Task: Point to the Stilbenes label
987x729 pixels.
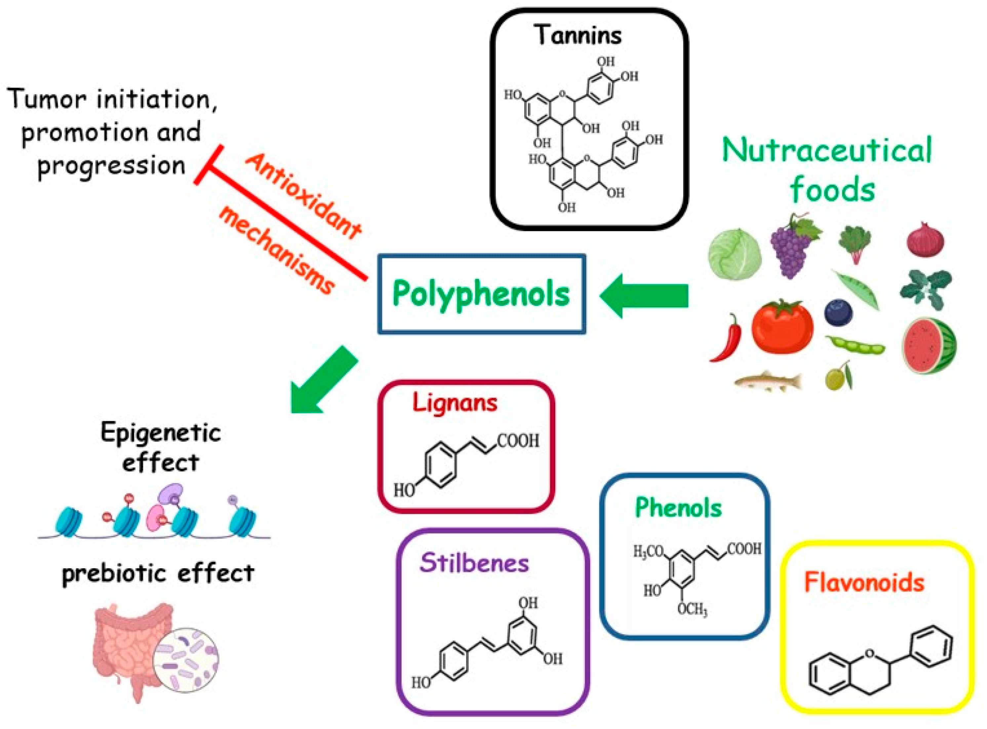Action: tap(474, 563)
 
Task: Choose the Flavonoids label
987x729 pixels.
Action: tap(864, 583)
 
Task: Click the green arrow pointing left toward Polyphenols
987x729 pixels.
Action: tap(644, 296)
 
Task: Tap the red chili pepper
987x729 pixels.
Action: tap(727, 340)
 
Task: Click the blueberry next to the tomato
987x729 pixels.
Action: tap(838, 312)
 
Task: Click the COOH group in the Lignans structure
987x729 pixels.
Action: tap(518, 440)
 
